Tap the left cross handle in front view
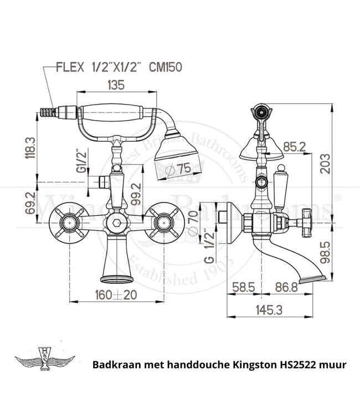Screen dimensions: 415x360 [x=68, y=224]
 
